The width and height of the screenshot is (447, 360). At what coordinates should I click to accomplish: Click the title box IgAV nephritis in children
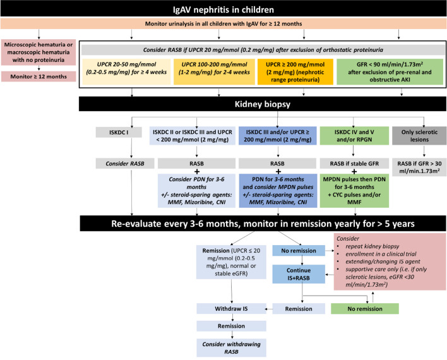(223, 10)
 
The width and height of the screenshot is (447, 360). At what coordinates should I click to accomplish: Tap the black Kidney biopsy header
(223, 103)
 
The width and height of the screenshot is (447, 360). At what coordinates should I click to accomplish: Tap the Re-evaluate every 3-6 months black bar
(223, 224)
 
